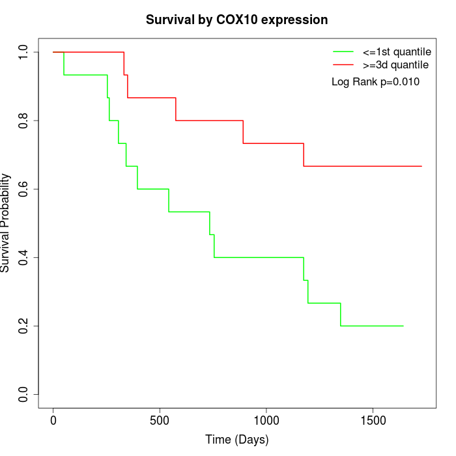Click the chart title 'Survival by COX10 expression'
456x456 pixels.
(x=236, y=20)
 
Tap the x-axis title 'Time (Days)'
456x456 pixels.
(x=236, y=440)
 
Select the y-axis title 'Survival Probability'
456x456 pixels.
(x=6, y=223)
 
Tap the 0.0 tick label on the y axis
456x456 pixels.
(x=24, y=394)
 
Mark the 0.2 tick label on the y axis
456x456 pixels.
(x=24, y=326)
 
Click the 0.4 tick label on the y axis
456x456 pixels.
(x=24, y=257)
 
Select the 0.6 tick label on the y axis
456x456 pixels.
(x=24, y=189)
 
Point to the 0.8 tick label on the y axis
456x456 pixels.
(x=24, y=121)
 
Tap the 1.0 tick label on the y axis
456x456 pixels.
(x=24, y=52)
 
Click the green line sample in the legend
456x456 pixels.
(x=343, y=51)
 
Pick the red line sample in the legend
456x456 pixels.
(x=343, y=64)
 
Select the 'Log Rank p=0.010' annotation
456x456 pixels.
(x=375, y=81)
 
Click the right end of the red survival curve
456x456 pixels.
(x=421, y=166)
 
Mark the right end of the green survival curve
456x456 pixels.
(x=403, y=326)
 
